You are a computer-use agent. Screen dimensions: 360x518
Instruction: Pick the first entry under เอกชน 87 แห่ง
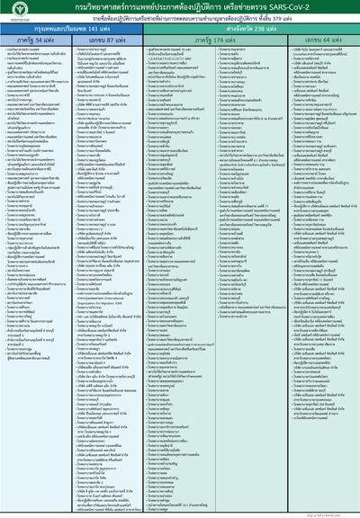coord(103,53)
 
